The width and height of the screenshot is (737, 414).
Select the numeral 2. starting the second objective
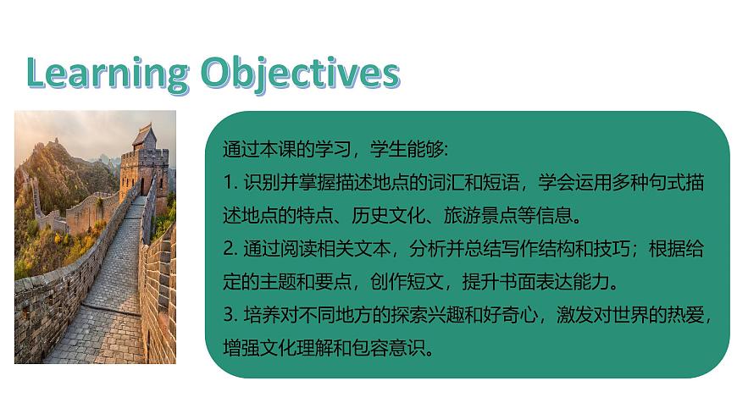point(229,249)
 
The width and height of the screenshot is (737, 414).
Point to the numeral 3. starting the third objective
point(229,315)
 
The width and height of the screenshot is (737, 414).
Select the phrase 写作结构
point(540,249)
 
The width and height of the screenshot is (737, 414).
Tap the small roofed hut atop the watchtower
point(143,135)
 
